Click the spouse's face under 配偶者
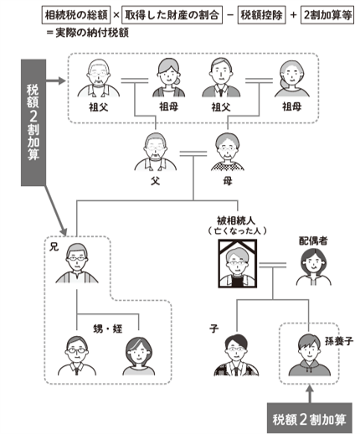pyautogui.click(x=308, y=266)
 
